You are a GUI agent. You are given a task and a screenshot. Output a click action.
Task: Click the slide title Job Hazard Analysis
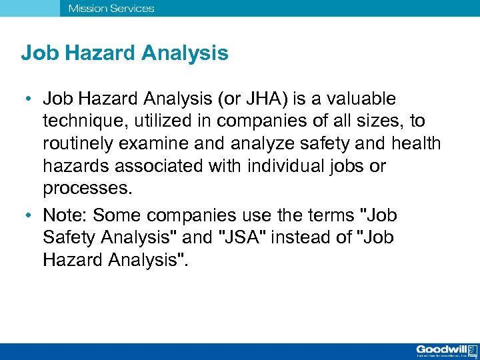pos(125,53)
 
